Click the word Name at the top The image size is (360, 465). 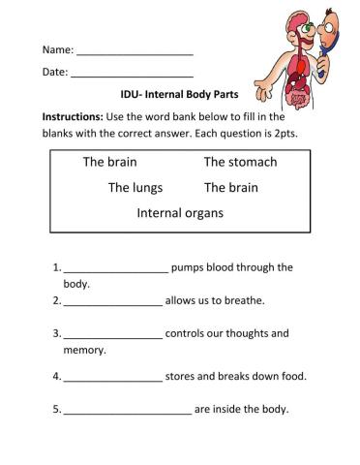tap(56, 49)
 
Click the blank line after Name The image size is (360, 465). tap(135, 51)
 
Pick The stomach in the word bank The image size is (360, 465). tap(240, 162)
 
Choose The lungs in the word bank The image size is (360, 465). tap(135, 187)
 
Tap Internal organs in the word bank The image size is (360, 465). tap(180, 212)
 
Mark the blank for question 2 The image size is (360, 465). tap(112, 302)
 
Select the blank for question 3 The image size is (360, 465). tap(112, 335)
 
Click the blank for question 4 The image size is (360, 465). tap(112, 378)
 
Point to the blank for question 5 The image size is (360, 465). tap(127, 411)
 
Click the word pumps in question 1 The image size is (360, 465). tap(193, 267)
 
